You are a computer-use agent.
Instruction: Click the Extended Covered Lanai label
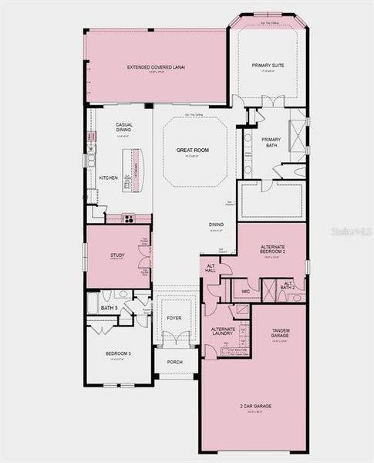156,67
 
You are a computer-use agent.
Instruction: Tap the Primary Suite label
268,66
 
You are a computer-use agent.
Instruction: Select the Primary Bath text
271,142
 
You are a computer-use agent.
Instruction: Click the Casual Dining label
124,127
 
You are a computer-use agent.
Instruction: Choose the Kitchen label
109,178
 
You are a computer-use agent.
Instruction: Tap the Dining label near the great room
217,225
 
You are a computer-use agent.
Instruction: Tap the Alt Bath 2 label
288,286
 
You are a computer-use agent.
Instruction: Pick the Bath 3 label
108,309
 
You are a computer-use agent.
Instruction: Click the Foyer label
174,317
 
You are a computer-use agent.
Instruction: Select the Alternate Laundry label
224,332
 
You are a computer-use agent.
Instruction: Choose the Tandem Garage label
280,333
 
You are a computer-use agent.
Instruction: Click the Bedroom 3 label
118,354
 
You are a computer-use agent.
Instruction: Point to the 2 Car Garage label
254,405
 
